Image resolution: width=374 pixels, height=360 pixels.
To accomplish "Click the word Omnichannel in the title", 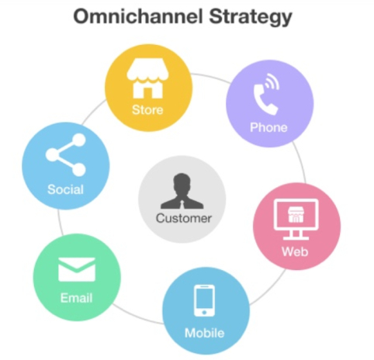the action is coord(138,16).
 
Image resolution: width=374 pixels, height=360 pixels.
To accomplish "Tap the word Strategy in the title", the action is coord(251,17).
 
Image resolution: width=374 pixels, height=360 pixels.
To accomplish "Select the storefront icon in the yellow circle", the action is coord(147,78).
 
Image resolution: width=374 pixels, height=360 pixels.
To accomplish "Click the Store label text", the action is coord(147,109).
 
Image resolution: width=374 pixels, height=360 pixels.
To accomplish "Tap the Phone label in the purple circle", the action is coord(268,127).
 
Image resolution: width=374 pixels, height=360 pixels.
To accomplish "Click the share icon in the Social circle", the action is coord(66,154).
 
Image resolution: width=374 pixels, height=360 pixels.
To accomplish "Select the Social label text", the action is coord(65,189).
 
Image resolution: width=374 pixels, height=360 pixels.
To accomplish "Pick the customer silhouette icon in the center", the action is coord(182,191).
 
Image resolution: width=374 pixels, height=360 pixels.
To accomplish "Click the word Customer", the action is coord(184,218).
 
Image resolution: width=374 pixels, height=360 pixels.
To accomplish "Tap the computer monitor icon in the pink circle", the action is coord(296,220).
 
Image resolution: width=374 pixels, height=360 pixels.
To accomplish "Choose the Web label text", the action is coord(295,251).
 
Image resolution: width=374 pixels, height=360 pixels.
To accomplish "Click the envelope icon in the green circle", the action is coord(77,269).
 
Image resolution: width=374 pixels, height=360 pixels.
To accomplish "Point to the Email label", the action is coord(76,298).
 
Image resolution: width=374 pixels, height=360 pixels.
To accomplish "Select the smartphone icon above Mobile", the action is coord(204,300).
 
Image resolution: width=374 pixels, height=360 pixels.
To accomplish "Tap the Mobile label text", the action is coord(204,333).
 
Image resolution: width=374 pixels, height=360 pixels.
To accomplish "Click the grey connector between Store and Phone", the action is coord(211,77).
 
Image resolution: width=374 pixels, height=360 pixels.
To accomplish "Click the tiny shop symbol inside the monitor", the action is coord(296,214).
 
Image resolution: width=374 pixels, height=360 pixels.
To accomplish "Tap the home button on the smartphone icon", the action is coord(204,313).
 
